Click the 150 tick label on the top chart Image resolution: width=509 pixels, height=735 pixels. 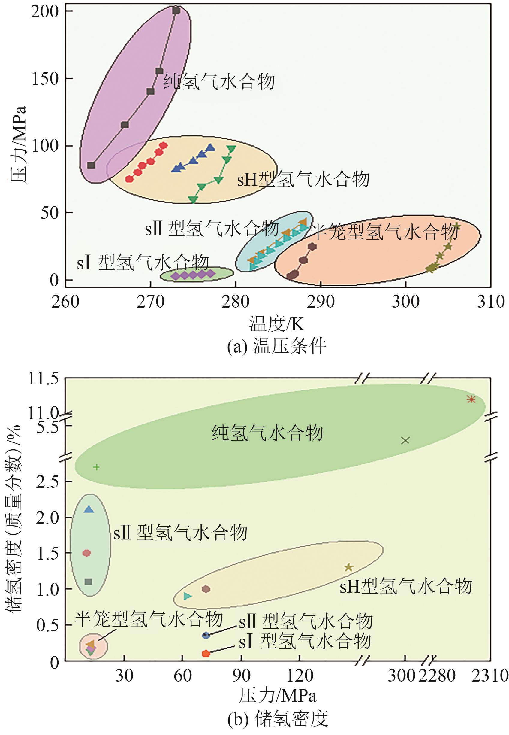45,78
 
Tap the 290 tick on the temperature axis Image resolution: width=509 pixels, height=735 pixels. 321,302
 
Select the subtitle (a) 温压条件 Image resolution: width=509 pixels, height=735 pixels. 276,346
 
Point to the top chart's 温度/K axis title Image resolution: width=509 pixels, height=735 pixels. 277,323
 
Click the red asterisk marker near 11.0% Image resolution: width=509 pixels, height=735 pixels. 471,399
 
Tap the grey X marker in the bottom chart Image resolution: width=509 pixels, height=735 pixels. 405,440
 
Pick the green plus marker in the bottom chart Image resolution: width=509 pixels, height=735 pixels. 96,467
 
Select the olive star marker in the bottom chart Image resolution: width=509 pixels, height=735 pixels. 348,567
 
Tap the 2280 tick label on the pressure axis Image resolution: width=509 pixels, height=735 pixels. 437,676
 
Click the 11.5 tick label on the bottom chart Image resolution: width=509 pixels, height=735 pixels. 44,379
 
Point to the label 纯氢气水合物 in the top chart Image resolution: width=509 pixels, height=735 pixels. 219,82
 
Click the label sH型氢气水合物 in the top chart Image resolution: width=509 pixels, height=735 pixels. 303,179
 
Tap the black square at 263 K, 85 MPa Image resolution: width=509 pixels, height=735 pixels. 91,165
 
